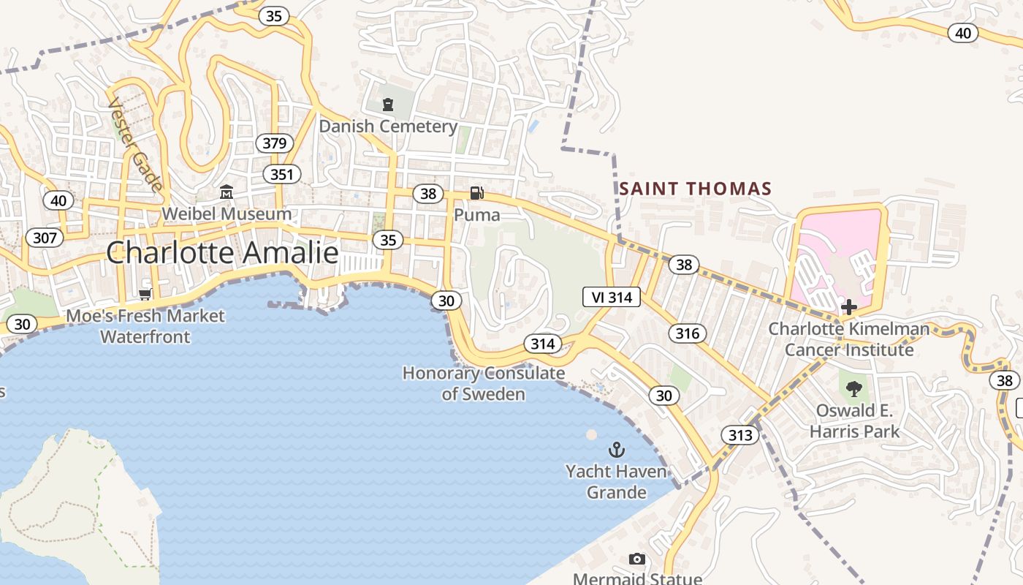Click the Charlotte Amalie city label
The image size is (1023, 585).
tap(222, 253)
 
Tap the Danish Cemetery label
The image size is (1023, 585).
tap(388, 127)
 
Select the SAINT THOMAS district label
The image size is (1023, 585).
tap(696, 189)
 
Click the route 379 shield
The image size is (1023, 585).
tap(274, 143)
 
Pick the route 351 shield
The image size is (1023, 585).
tap(281, 174)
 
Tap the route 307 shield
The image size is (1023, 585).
tap(45, 237)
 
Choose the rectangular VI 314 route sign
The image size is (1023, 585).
tap(612, 296)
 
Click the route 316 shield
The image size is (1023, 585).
tap(687, 333)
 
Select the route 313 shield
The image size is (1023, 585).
tap(739, 436)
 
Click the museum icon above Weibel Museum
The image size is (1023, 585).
tap(227, 192)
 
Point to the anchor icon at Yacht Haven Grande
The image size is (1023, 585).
tap(617, 449)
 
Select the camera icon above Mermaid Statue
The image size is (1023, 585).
tap(637, 559)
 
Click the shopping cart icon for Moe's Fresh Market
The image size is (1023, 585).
tap(145, 295)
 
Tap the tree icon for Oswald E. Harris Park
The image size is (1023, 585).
tap(853, 388)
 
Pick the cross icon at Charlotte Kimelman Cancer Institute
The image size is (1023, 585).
tap(848, 307)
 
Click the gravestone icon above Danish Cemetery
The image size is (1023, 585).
tap(388, 105)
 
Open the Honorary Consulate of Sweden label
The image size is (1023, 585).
tap(484, 384)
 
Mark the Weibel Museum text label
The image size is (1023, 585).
tap(227, 214)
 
